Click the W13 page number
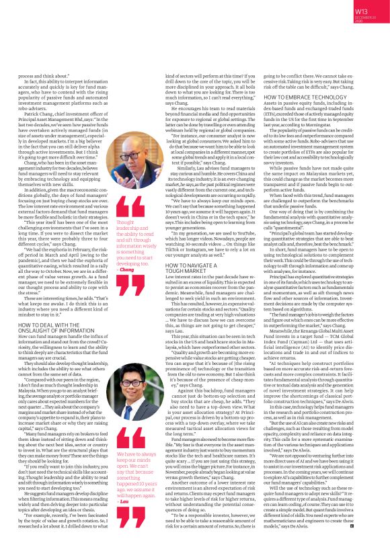coord(360,11)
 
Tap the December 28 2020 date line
coord(360,20)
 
